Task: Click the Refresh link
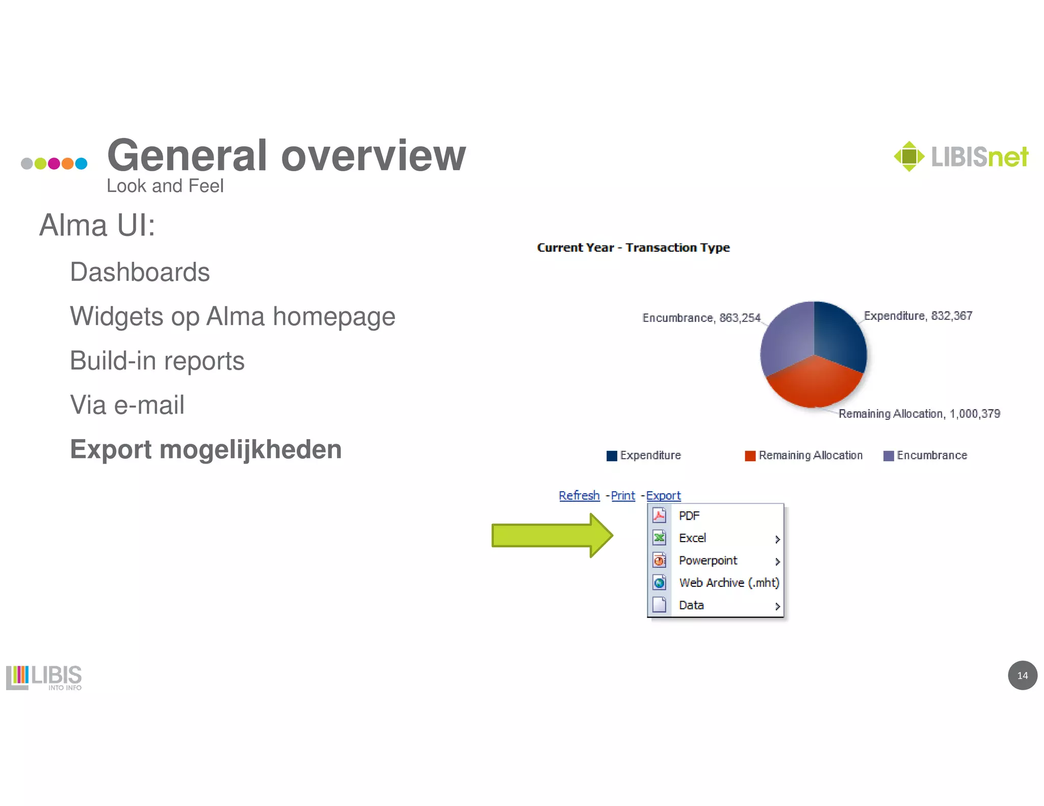point(579,495)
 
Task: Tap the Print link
point(623,495)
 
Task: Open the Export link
point(663,495)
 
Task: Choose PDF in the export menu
point(689,516)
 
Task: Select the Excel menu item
point(692,538)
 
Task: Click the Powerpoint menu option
point(708,560)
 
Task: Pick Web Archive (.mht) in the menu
point(729,583)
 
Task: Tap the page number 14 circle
point(1022,676)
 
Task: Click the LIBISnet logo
point(961,156)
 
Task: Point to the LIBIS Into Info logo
point(44,678)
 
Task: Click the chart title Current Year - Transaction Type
point(633,248)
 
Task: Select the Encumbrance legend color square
point(889,455)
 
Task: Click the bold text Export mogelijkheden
point(205,449)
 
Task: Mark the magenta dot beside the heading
point(54,164)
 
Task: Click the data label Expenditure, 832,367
point(918,316)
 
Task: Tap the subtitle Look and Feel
point(165,186)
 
